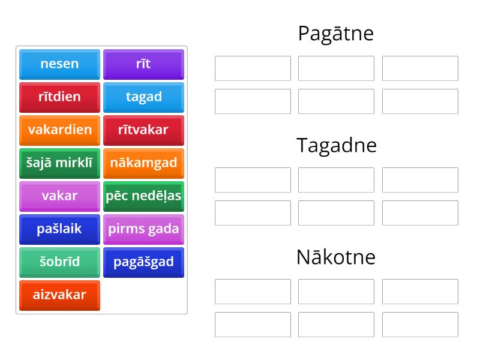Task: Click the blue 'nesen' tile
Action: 59,64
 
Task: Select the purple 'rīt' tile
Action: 143,64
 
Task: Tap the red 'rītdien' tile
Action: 59,97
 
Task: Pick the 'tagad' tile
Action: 143,97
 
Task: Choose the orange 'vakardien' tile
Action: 59,130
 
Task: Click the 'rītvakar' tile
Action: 143,130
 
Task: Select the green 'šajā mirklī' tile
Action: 59,163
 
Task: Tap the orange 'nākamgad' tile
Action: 143,163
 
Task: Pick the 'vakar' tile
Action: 59,196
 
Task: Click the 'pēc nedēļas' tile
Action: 143,196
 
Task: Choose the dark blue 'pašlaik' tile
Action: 59,229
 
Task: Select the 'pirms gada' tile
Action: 143,229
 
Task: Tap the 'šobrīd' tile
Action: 59,262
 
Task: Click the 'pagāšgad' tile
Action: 143,262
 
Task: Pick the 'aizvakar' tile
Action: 59,295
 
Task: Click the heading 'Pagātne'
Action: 336,34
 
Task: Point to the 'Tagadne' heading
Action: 336,145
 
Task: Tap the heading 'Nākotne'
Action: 336,257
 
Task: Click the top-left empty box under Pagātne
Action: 253,68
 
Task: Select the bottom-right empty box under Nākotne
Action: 420,325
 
